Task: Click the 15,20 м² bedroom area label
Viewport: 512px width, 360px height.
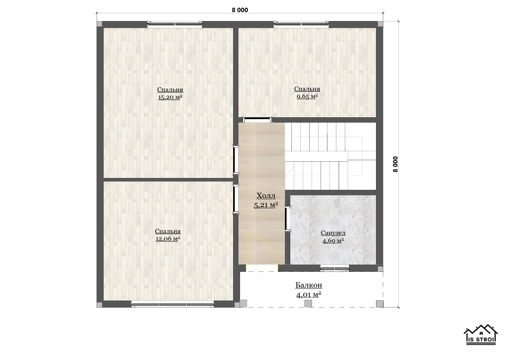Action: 170,97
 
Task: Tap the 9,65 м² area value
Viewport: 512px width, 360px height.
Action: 307,96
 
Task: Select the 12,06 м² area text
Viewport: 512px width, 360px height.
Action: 168,239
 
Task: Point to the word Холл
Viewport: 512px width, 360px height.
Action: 266,196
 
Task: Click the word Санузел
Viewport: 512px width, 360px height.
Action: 333,233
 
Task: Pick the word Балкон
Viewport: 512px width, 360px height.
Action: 308,285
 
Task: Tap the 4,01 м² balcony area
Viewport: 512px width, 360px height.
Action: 308,295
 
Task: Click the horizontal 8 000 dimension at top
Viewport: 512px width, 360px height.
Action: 240,10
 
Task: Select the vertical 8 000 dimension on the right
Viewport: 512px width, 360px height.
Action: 395,164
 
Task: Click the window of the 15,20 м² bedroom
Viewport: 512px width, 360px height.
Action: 174,24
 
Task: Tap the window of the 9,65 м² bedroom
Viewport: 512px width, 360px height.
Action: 301,24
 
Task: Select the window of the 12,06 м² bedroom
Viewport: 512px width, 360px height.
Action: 172,304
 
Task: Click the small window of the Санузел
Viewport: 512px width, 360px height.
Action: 334,269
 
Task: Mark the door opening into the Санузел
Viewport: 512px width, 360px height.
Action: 287,218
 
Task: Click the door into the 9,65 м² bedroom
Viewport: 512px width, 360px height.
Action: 257,120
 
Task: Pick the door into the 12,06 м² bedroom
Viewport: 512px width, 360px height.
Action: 236,199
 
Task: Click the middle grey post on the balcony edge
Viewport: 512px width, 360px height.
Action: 308,304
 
